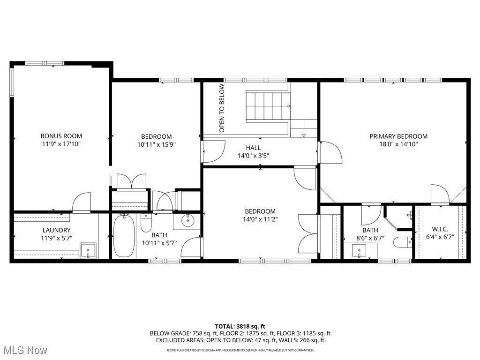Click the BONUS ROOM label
tap(61, 136)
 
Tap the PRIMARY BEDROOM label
tap(398, 136)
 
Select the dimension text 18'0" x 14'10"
tap(398, 144)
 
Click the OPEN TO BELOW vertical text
tap(222, 108)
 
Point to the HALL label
tap(253, 148)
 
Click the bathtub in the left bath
tap(124, 236)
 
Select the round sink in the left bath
tap(188, 219)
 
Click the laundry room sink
tap(88, 250)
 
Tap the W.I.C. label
tap(440, 229)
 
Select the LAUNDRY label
tap(56, 230)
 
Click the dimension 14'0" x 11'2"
tap(260, 219)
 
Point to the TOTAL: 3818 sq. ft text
tap(240, 326)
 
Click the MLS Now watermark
tap(24, 350)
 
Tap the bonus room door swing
tap(82, 202)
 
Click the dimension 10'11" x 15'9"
tap(156, 145)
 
